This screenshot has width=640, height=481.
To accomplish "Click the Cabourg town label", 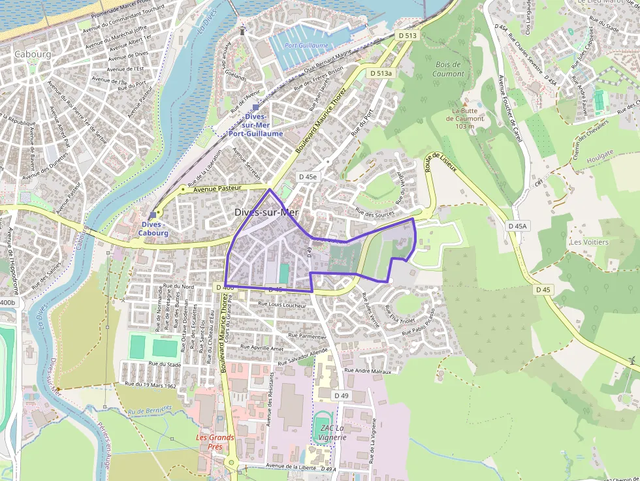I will click(32, 54).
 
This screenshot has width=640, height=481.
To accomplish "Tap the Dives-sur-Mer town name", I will click(266, 212).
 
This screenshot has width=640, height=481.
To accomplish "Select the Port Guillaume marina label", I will click(307, 46).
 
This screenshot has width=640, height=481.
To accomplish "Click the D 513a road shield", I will click(381, 73).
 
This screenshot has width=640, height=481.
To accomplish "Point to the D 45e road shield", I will click(308, 177).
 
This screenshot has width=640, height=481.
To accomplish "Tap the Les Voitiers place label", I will click(588, 242).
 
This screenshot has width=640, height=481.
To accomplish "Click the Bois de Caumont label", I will click(448, 69).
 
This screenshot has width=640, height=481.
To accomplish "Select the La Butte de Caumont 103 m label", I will click(464, 118).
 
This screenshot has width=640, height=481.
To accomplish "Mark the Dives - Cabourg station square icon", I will click(153, 215).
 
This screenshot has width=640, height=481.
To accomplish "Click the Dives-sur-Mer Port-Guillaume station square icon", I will click(255, 107).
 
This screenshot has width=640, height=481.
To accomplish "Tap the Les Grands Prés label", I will click(216, 442).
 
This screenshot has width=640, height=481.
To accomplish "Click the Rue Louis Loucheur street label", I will click(282, 305).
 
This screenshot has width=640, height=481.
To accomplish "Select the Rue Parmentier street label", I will click(302, 337).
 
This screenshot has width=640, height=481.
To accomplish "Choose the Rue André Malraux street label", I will click(367, 371).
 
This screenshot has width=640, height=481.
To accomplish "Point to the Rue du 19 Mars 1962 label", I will click(150, 385).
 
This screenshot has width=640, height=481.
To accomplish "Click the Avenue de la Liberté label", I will click(292, 466).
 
